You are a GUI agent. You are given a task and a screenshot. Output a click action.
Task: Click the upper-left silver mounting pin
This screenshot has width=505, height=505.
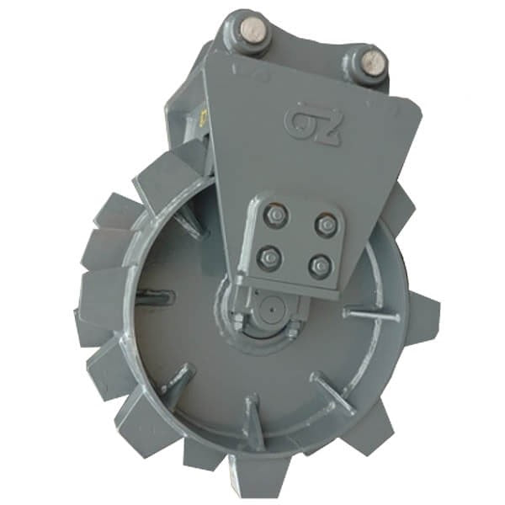(252, 32)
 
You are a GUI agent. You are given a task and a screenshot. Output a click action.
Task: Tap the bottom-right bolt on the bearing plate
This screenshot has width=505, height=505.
(318, 268)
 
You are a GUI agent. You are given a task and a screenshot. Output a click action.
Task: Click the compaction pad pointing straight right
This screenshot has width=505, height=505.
(421, 320)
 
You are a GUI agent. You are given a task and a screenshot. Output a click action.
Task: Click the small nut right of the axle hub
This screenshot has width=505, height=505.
(292, 333)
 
